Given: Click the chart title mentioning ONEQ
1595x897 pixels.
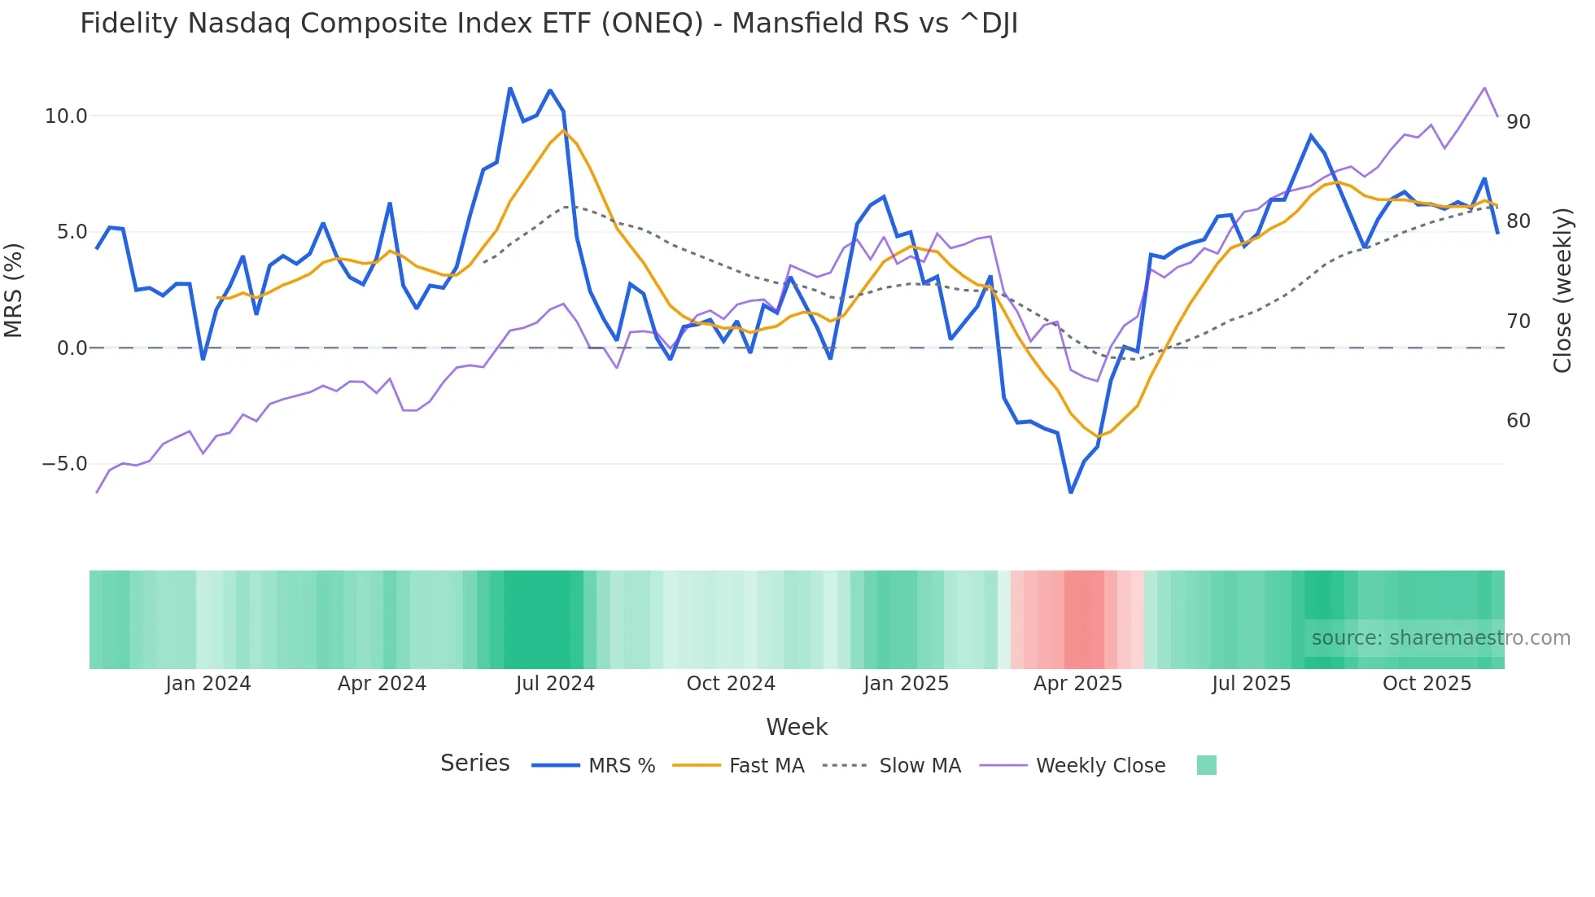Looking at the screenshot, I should [x=548, y=24].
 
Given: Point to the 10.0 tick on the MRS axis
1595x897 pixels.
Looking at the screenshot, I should [x=66, y=116].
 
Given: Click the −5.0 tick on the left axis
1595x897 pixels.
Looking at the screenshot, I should [x=64, y=464].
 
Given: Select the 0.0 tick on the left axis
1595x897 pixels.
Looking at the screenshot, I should [x=72, y=348].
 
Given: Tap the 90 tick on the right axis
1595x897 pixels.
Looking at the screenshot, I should [x=1519, y=122].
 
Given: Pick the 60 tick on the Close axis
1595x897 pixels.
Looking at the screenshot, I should [x=1519, y=421].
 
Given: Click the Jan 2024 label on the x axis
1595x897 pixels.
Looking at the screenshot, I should [x=208, y=684].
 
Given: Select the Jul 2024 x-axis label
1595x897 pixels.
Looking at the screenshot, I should [x=555, y=684].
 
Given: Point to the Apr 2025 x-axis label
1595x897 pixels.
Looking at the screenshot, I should [x=1077, y=684].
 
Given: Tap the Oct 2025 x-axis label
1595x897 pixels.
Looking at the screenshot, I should [x=1427, y=684].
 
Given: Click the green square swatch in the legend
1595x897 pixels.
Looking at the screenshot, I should [x=1207, y=765].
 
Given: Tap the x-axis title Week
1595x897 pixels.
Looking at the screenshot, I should [x=797, y=727].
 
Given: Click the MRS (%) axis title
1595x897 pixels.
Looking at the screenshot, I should [x=14, y=290].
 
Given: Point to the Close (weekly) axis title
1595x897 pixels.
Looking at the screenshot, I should [x=1562, y=290].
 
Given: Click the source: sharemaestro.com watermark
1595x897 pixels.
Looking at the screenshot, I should [x=1440, y=638].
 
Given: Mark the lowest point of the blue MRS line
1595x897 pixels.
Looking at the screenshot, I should [x=1071, y=492].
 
